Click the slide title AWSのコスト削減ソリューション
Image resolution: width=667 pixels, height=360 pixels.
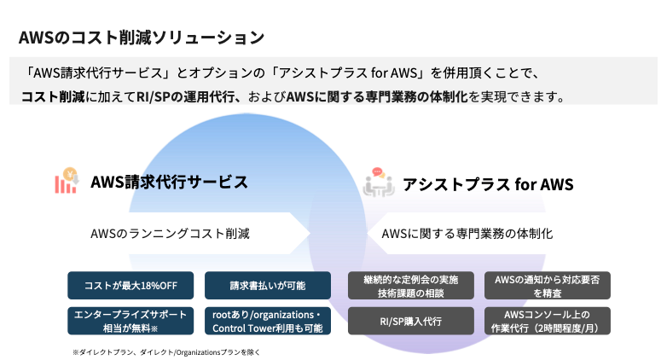coord(141,38)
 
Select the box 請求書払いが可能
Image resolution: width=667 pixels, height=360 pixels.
coord(268,285)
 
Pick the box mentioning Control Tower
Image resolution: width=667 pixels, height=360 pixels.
coord(268,321)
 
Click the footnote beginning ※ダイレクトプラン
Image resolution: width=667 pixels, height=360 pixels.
coord(165,351)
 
